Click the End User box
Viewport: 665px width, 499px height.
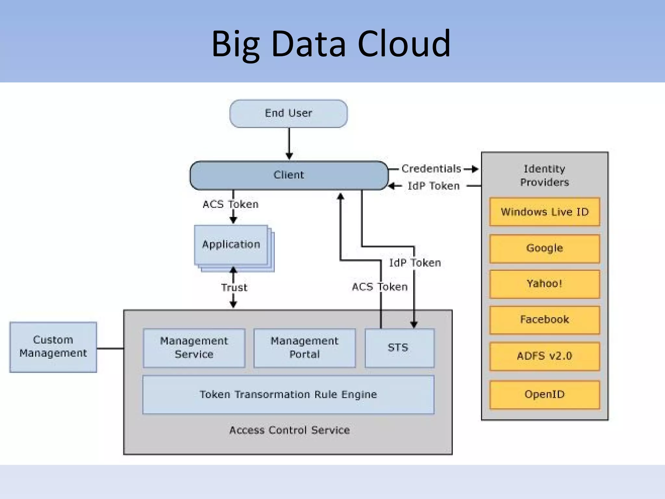pyautogui.click(x=288, y=114)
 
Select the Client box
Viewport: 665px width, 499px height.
pyautogui.click(x=289, y=175)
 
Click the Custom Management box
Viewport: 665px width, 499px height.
pyautogui.click(x=53, y=347)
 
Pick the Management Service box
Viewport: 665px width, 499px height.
pyautogui.click(x=194, y=348)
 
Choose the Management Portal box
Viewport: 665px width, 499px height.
pyautogui.click(x=304, y=348)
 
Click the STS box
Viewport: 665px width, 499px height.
pyautogui.click(x=399, y=348)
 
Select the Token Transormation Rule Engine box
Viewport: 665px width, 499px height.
pyautogui.click(x=288, y=394)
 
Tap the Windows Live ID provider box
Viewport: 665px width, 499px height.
pyautogui.click(x=545, y=212)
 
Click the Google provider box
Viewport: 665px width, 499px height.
pyautogui.click(x=545, y=248)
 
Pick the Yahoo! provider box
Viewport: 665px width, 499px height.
pyautogui.click(x=545, y=284)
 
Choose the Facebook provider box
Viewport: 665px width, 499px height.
pyautogui.click(x=545, y=320)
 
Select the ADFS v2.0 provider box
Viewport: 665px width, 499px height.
pyautogui.click(x=545, y=356)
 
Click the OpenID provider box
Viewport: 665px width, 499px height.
pyautogui.click(x=545, y=394)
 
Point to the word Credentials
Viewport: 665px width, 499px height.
pyautogui.click(x=431, y=169)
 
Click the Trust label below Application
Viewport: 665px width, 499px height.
pyautogui.click(x=234, y=288)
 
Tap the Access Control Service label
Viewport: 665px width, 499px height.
pyautogui.click(x=289, y=430)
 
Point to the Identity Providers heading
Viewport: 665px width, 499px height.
pyautogui.click(x=545, y=175)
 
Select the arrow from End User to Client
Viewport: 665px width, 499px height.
pyautogui.click(x=289, y=143)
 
